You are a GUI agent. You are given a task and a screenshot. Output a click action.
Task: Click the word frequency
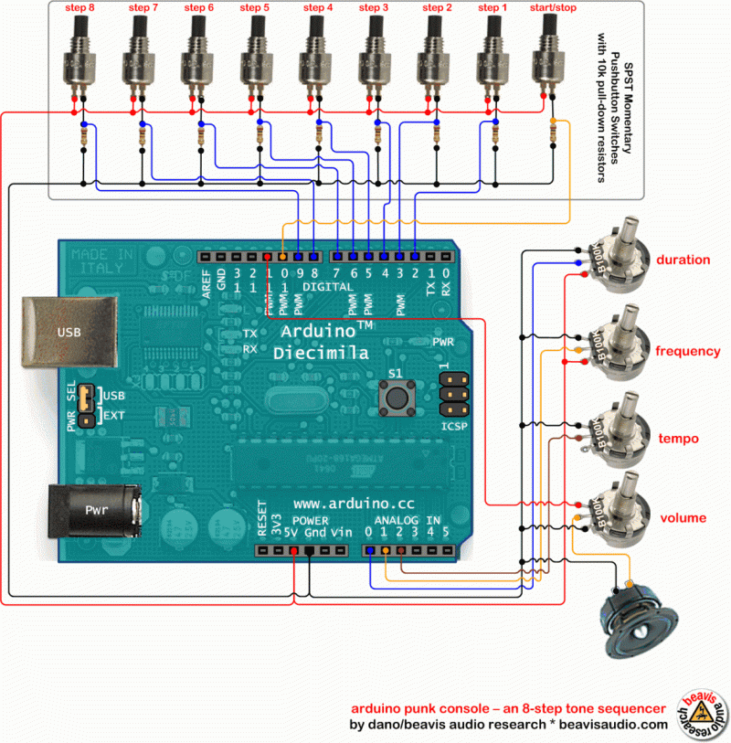pos(687,351)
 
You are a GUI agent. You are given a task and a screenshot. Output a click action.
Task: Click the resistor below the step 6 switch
pos(200,138)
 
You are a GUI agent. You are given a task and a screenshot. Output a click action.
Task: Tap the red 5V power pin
pos(293,551)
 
